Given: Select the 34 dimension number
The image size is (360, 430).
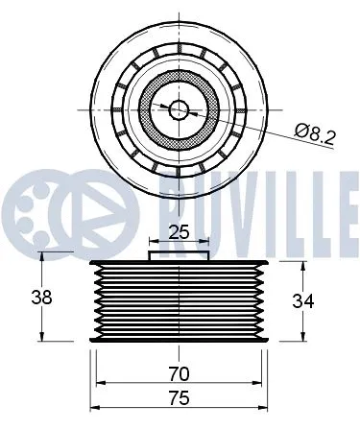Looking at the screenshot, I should coord(304,299).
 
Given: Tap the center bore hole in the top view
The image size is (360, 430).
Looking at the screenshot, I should coord(180,108).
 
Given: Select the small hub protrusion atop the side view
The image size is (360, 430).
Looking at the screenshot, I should coord(180,255).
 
